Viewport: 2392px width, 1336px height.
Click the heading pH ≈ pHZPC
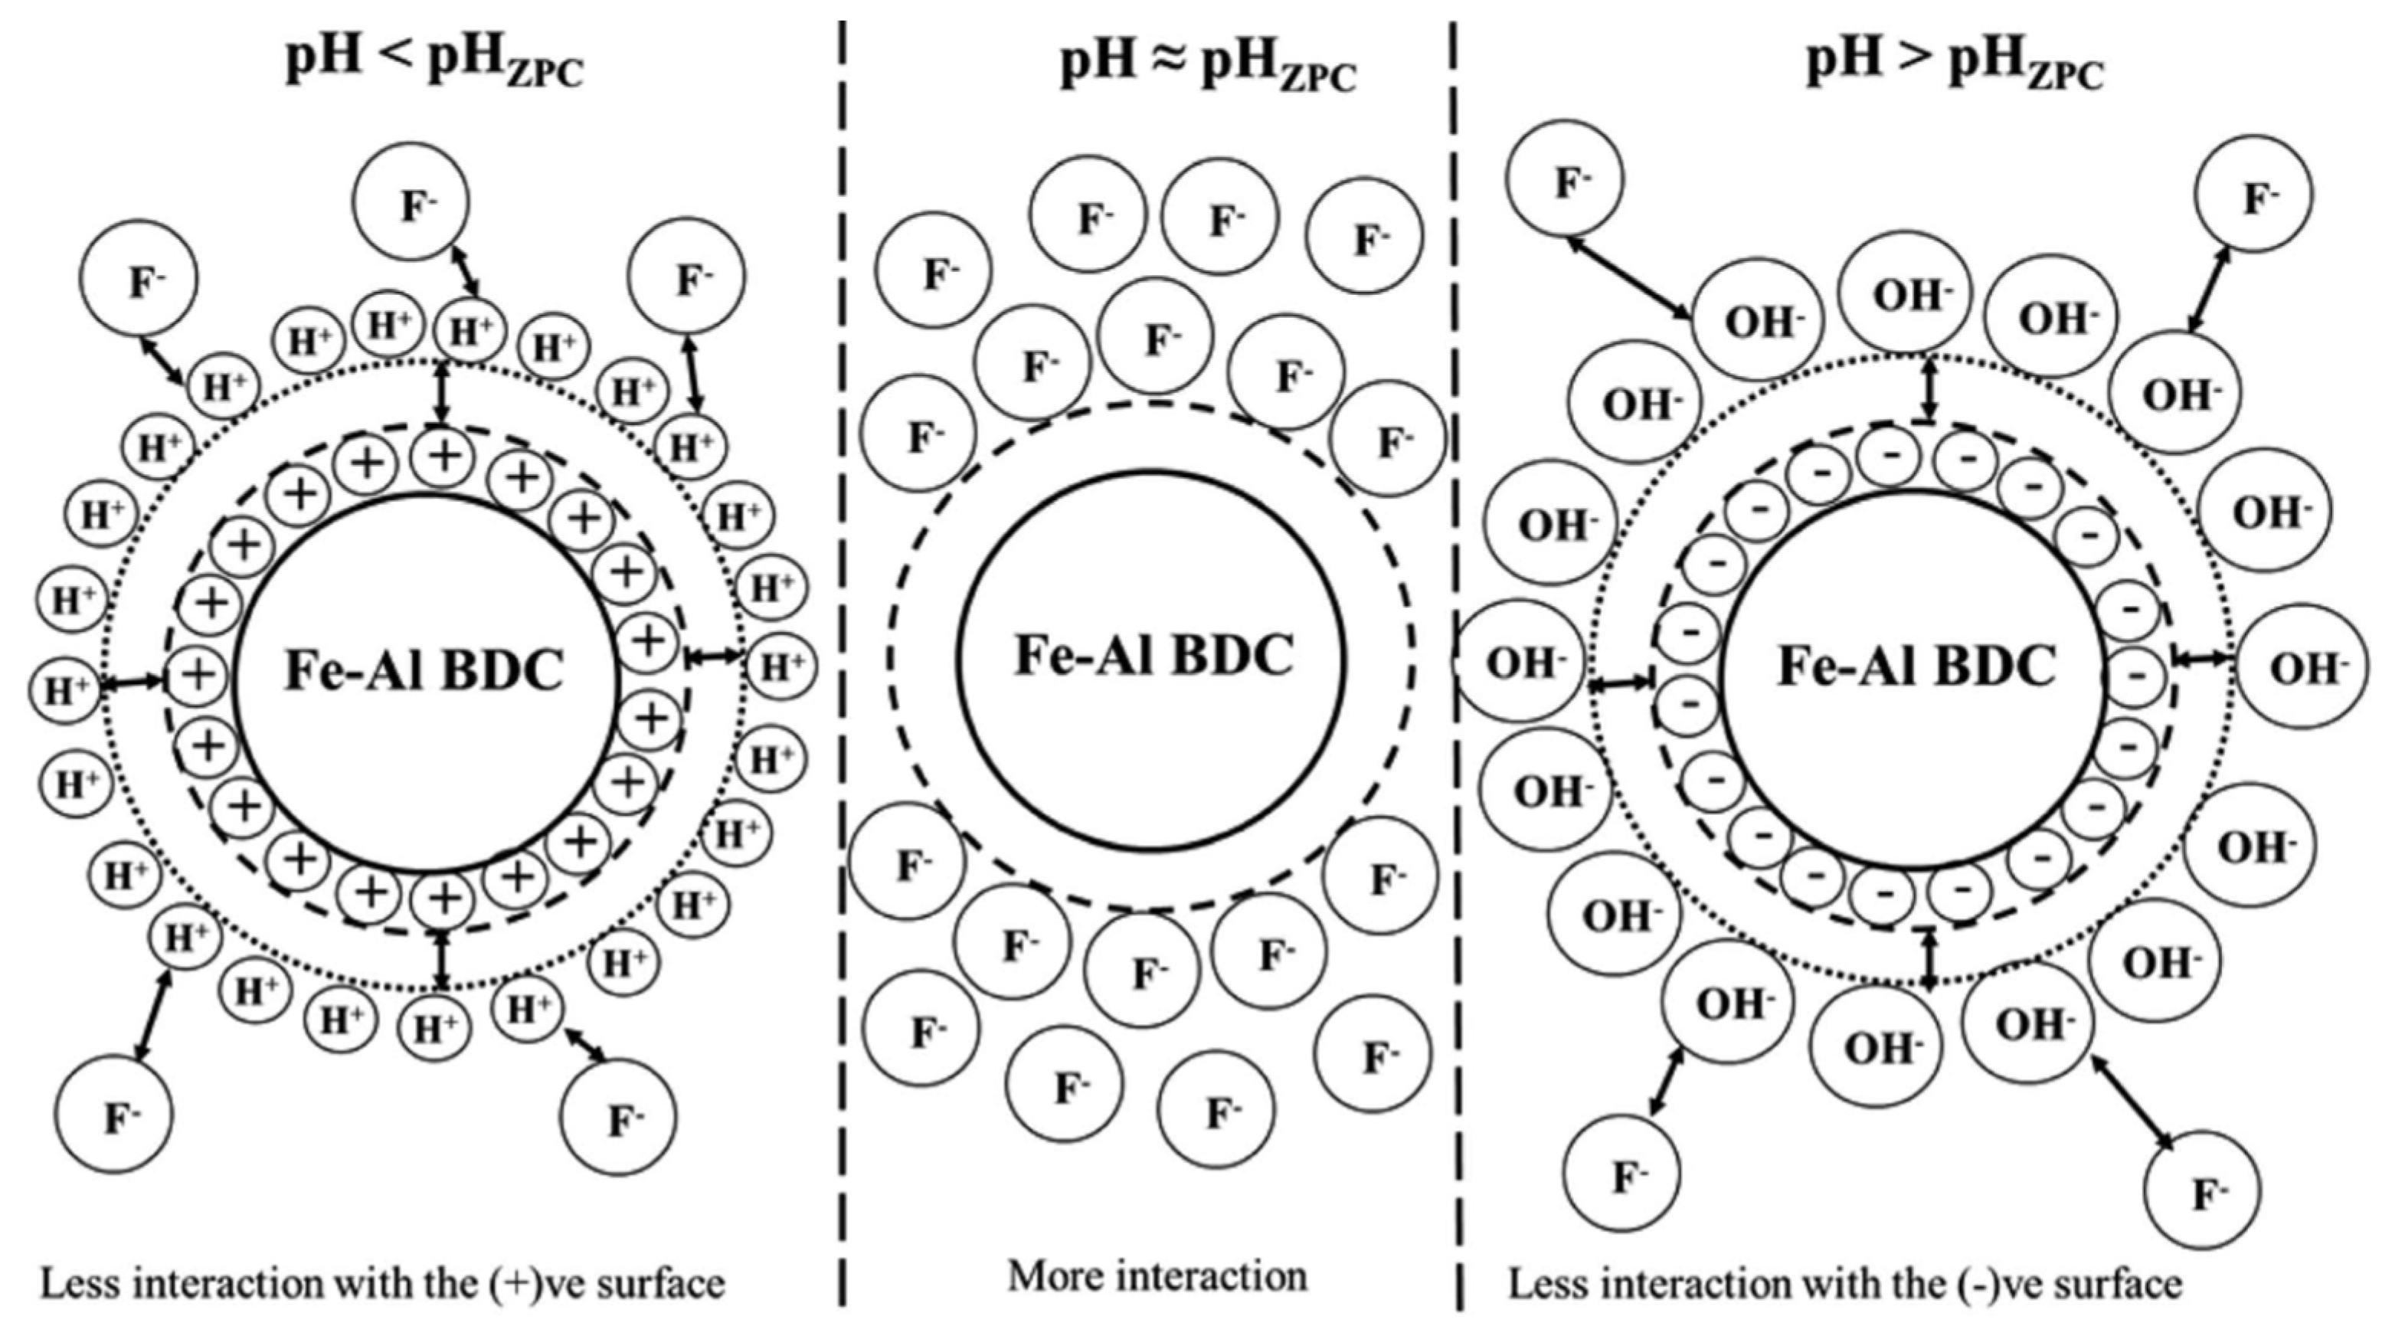(x=1207, y=67)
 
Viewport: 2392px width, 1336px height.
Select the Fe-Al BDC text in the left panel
(x=424, y=670)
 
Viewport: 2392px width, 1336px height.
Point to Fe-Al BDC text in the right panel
(x=1916, y=666)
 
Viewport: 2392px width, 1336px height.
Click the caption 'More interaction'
(x=1157, y=1275)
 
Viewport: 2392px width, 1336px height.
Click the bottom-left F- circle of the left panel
(x=114, y=1114)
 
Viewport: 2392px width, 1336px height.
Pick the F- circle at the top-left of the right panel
(x=1565, y=179)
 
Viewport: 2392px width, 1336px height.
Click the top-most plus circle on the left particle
(x=445, y=455)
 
